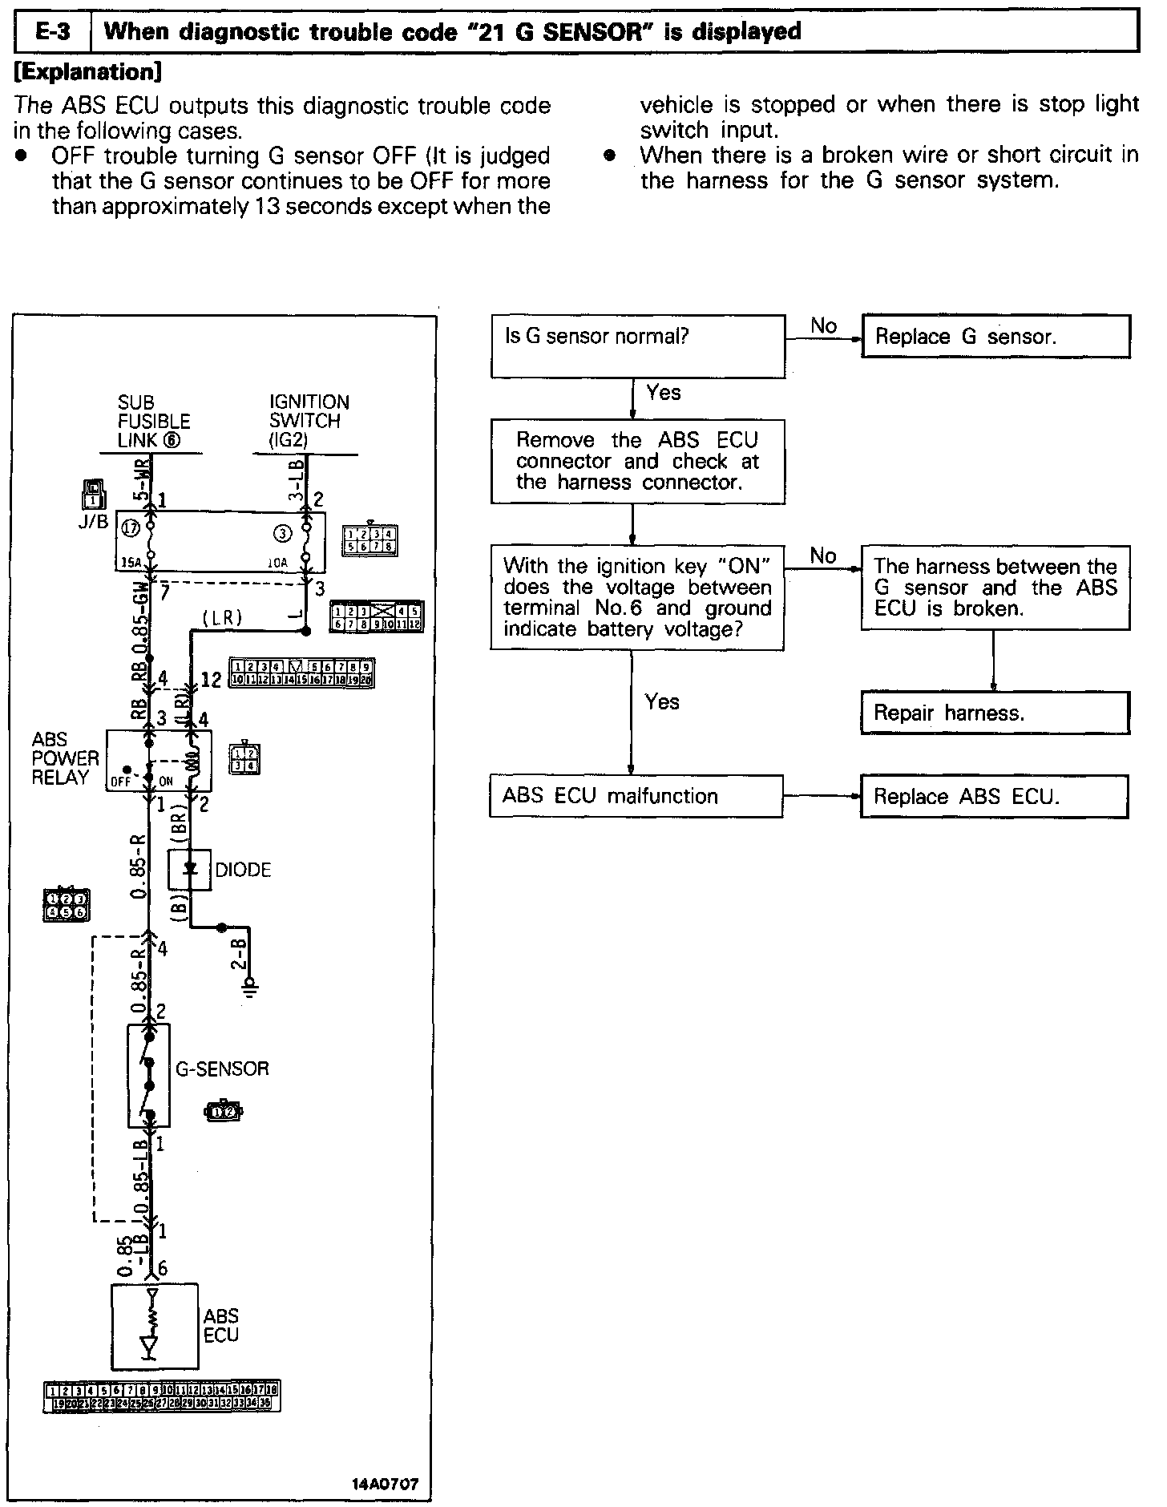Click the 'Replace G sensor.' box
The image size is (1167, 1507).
click(995, 336)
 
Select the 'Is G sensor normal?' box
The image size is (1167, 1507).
click(637, 345)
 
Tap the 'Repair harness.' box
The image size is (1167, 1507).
click(995, 713)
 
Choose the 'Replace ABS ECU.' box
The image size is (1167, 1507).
click(994, 796)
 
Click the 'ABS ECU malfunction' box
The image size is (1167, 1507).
click(636, 796)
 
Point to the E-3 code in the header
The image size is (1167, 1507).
click(54, 32)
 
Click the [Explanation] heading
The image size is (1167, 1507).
click(88, 72)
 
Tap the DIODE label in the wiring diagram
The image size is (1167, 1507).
click(243, 870)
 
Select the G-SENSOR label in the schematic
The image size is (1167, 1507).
click(222, 1069)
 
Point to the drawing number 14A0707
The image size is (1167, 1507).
click(385, 1484)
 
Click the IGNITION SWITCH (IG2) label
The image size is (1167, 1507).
click(309, 421)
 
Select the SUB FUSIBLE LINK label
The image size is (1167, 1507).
click(153, 421)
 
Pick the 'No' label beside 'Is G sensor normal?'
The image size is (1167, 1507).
click(823, 325)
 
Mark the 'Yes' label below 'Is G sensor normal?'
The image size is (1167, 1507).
click(663, 392)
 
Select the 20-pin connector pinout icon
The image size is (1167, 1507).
click(301, 673)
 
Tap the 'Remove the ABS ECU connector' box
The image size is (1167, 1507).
click(637, 461)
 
